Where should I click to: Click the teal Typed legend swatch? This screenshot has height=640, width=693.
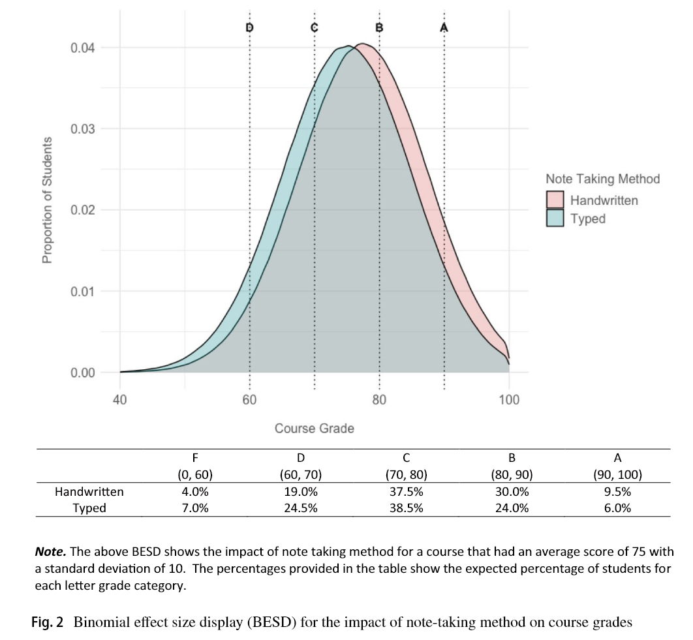(555, 219)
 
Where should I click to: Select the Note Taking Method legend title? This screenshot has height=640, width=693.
(602, 179)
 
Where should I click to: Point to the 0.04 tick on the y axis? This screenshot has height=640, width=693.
(83, 48)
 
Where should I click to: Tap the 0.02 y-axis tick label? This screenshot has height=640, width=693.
(83, 211)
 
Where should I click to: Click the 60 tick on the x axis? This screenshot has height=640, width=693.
(249, 400)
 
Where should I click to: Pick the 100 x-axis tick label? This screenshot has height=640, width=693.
(509, 400)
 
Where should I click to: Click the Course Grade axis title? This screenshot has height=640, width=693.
(315, 429)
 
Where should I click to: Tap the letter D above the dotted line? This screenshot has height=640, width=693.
(249, 27)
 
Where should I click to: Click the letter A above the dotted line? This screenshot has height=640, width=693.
(444, 27)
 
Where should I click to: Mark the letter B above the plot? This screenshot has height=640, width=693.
(379, 27)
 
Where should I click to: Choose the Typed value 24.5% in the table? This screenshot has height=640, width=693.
(301, 508)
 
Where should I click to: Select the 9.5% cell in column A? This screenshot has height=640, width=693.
(617, 492)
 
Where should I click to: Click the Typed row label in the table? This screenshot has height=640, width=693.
(89, 508)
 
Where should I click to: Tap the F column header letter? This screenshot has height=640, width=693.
(194, 458)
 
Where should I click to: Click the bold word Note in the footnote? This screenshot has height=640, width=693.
(49, 534)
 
